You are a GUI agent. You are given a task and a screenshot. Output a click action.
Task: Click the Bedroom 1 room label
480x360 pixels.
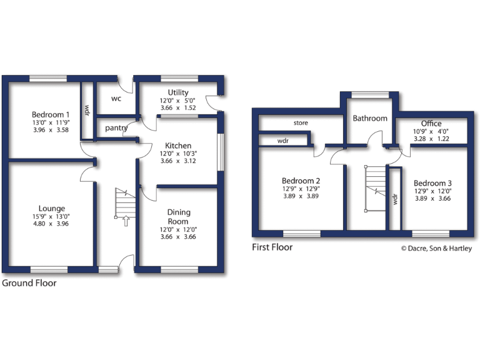click(x=51, y=114)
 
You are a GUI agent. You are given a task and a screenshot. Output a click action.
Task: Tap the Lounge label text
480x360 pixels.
click(x=51, y=209)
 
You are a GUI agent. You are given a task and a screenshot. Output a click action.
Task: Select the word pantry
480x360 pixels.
click(x=117, y=128)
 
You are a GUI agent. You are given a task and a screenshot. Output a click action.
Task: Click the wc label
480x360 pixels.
click(x=117, y=99)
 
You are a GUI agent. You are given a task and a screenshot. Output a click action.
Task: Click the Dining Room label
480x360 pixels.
click(x=178, y=217)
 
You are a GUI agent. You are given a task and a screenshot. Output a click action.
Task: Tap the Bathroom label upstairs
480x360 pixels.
click(x=370, y=118)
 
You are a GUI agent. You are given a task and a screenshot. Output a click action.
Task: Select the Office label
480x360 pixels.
click(x=431, y=124)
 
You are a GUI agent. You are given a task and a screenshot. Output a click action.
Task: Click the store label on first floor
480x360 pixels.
click(x=301, y=123)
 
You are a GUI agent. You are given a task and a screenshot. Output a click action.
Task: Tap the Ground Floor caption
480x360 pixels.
click(x=29, y=283)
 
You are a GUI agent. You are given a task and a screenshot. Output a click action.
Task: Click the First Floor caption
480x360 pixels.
click(x=272, y=247)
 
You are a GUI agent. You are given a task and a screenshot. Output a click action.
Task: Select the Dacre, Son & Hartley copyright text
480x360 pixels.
click(x=436, y=249)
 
